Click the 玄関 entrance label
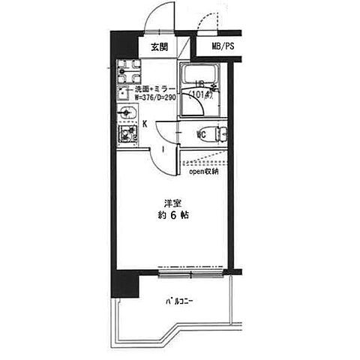click(158, 46)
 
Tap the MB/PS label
click(222, 46)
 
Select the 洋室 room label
click(172, 202)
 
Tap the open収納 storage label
click(203, 171)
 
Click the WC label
click(201, 135)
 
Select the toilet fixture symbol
click(219, 135)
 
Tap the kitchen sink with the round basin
click(126, 114)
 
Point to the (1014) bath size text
click(201, 94)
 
